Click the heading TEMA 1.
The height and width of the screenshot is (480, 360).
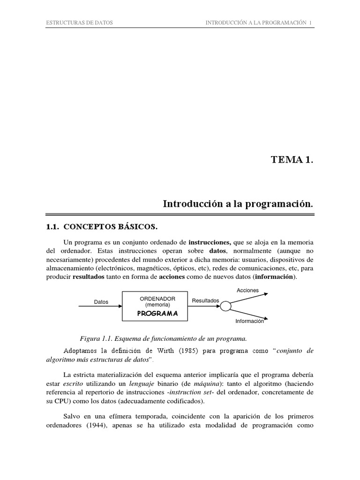point(291,160)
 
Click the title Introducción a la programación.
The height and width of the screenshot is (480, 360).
point(238,204)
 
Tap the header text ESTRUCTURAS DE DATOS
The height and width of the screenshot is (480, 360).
point(78,22)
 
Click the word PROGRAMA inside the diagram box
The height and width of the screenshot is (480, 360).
point(157,314)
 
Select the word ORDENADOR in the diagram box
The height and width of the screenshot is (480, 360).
point(157,299)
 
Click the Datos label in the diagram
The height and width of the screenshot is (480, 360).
point(101,302)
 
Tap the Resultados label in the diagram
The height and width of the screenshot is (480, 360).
point(205,300)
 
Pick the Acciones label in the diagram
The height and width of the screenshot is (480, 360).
point(247,290)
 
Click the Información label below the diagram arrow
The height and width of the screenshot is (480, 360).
point(249,322)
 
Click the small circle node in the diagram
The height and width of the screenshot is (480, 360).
point(226,306)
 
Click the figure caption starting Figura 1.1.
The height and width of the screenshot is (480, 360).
point(164,338)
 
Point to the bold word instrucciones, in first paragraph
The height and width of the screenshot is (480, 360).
point(210,242)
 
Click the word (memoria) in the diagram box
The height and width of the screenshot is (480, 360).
point(157,305)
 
